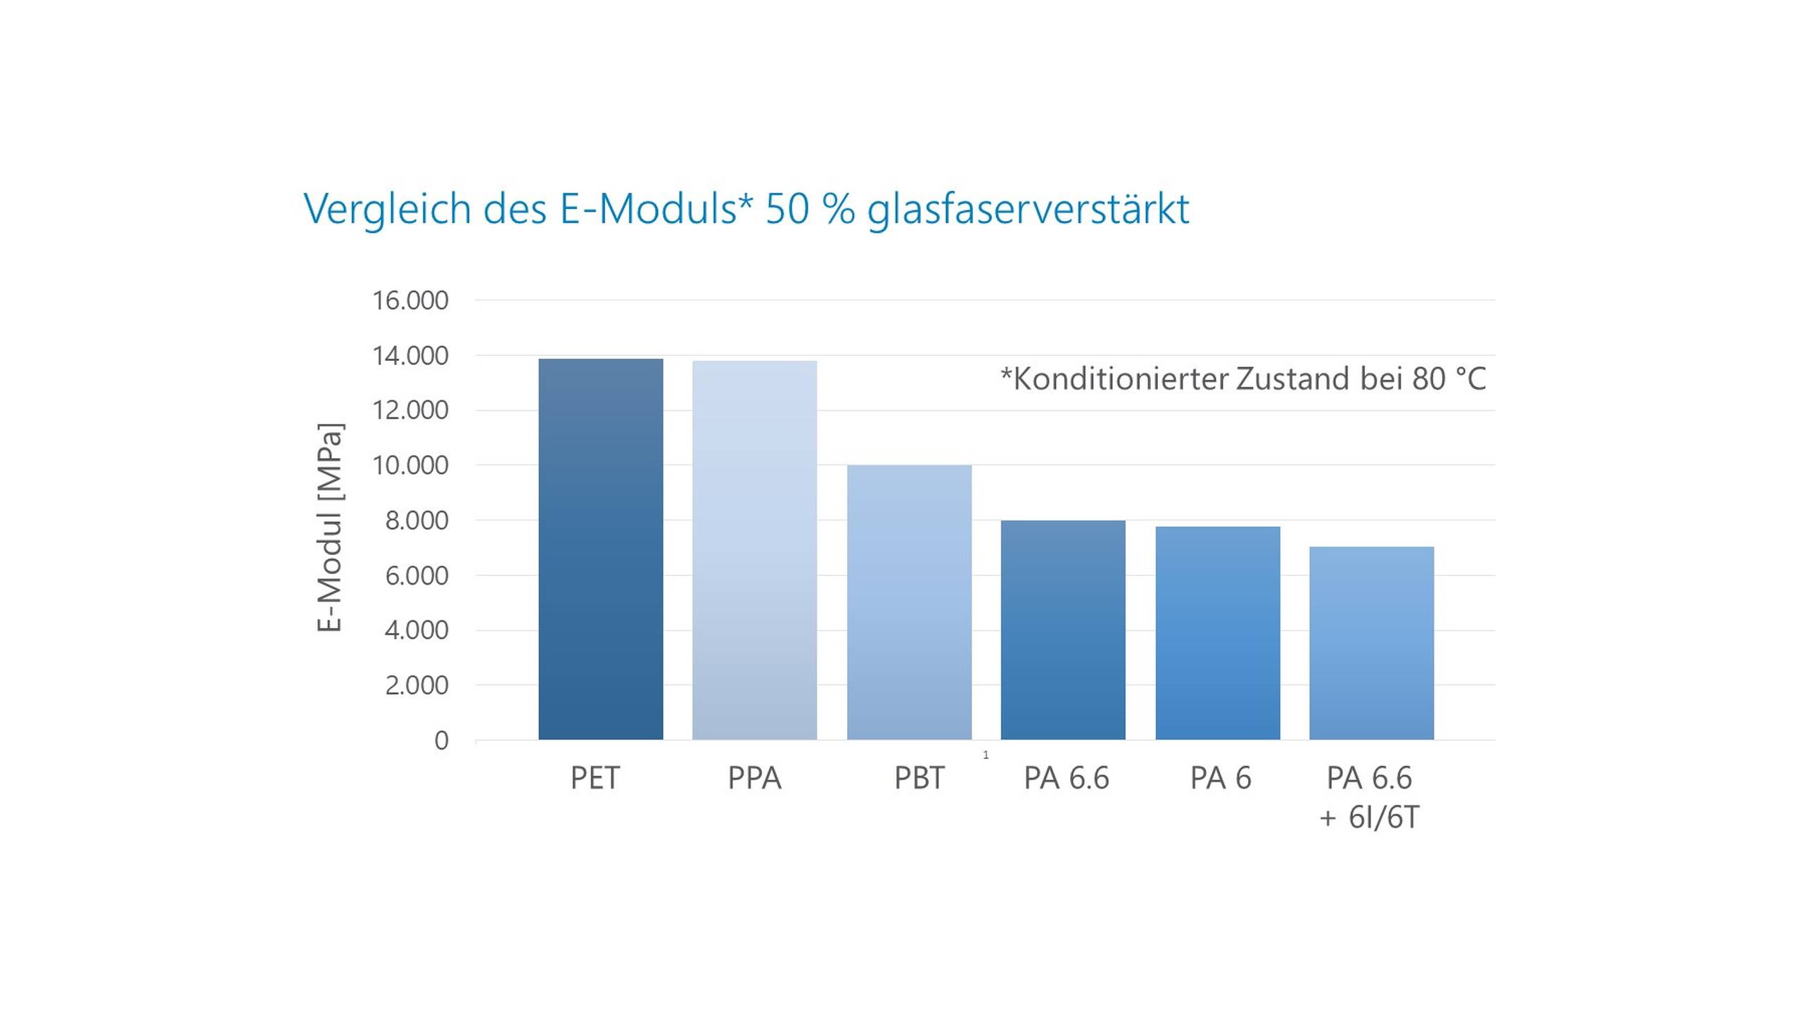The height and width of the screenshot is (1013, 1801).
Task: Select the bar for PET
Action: pos(601,549)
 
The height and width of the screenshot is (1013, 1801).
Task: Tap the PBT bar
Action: pos(909,602)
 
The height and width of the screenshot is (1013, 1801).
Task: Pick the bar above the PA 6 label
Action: pos(1217,632)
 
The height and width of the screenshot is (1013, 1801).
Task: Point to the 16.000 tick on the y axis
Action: pos(410,300)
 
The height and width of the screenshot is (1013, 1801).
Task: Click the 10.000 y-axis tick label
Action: pos(410,465)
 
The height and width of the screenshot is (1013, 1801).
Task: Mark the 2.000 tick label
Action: pos(416,684)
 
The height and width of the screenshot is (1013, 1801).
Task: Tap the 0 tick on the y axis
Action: pos(441,740)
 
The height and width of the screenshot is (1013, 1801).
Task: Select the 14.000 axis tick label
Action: pos(410,356)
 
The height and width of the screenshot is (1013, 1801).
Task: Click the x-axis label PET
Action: pos(595,778)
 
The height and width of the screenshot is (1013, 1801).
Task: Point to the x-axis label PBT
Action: pos(919,778)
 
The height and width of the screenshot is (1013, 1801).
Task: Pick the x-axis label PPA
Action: pos(754,778)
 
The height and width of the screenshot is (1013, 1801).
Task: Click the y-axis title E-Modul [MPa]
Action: pos(329,528)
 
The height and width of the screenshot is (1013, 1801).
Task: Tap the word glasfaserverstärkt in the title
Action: pos(1028,209)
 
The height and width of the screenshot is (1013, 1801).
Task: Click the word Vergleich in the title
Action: pos(387,209)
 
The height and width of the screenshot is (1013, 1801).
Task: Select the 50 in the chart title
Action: pos(787,209)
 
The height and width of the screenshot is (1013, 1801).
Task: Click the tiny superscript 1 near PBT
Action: pos(986,755)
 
